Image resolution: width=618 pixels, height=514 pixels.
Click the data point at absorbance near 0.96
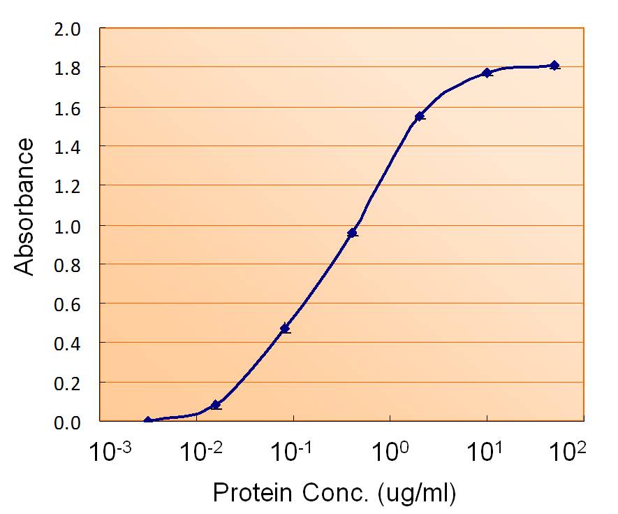352,233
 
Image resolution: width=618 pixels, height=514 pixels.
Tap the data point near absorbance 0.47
284,328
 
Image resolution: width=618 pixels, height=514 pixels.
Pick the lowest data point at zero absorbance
147,421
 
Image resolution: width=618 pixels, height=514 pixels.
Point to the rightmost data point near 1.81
554,65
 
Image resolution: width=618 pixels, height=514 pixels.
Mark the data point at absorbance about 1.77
487,73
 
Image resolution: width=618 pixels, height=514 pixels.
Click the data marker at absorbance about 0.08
215,405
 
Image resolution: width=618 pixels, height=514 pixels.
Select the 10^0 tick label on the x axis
390,454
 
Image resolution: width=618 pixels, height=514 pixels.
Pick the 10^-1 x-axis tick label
293,454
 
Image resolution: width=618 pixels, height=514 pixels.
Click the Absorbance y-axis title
25,206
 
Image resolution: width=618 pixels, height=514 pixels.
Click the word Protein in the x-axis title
249,494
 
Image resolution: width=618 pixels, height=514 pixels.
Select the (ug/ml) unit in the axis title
416,494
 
